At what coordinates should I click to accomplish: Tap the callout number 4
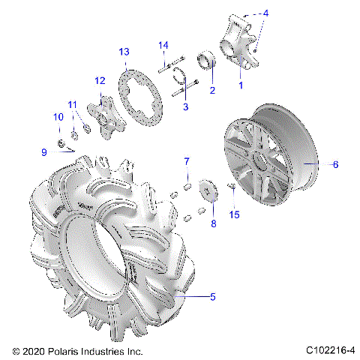click(265, 13)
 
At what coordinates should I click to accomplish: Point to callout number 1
click(241, 85)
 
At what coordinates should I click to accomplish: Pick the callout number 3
click(185, 108)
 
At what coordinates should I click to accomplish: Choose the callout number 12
click(99, 80)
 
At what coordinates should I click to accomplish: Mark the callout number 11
click(73, 104)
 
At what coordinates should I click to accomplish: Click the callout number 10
click(58, 117)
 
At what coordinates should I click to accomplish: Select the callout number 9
click(44, 152)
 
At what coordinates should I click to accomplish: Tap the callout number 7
click(187, 161)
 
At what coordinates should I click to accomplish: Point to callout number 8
click(213, 223)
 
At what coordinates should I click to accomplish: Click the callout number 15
click(234, 215)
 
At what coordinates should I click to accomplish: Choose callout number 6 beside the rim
click(335, 163)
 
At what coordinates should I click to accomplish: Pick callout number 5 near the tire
click(212, 298)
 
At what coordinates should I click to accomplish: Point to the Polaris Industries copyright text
click(78, 351)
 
